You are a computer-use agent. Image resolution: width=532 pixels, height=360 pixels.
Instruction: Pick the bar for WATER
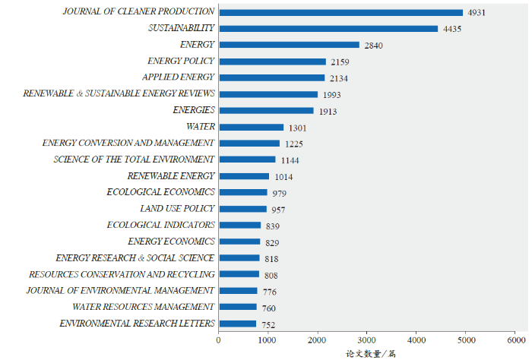point(251,127)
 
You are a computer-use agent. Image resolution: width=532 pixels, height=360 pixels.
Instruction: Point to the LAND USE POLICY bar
point(242,209)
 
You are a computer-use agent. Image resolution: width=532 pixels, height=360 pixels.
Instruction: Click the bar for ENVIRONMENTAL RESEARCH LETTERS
point(237,324)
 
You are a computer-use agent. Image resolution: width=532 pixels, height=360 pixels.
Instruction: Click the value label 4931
point(477,13)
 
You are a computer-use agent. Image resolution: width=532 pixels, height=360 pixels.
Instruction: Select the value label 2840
point(373,46)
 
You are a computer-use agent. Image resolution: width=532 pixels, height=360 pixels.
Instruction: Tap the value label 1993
point(331,95)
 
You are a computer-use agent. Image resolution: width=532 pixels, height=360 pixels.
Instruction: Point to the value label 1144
point(290,160)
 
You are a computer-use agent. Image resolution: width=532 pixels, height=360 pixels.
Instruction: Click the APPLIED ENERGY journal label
point(179,77)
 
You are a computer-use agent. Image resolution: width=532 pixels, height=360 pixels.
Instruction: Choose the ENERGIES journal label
point(194,110)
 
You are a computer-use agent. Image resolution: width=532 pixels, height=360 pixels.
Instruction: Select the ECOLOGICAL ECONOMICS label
point(161,192)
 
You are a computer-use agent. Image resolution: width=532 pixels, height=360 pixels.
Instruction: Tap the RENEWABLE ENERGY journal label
point(171,176)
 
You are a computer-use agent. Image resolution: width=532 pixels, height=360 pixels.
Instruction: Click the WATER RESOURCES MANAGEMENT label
point(144,307)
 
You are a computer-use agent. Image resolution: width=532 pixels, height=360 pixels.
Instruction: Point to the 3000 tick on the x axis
point(366,340)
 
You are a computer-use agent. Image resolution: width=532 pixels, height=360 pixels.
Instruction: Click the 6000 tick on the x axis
point(515,340)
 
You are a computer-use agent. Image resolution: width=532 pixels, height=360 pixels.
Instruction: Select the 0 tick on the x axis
point(219,340)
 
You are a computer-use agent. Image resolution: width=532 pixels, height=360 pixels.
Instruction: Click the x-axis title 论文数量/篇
point(371,353)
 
